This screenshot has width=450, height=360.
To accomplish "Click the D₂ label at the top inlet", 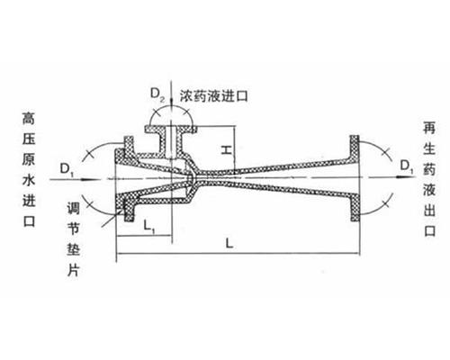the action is pos(157,95).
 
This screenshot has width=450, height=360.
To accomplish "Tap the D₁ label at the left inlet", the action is pos(67,169).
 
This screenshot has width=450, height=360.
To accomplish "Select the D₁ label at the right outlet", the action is pos(407,166).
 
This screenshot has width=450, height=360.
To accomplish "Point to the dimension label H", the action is pos(227,149).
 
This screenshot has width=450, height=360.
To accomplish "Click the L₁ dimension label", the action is pos(149,226).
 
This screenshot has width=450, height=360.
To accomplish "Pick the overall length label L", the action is pos(229,243).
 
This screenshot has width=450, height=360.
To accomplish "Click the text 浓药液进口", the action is pos(214,96).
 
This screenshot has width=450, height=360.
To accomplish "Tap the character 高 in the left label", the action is pos(29,118).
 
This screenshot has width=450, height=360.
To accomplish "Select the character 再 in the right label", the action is pos(429,127).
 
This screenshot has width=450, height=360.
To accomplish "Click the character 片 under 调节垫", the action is pos(73,271).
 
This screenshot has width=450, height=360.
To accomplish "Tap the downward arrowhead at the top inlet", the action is pos(171,103).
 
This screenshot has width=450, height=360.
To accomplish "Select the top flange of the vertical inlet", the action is pos(171,130).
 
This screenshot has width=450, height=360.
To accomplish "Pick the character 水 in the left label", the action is pos(29,180).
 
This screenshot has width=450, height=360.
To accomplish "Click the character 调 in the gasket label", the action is pos(73,208).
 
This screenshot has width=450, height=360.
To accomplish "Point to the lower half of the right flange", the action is pos(355,208).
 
